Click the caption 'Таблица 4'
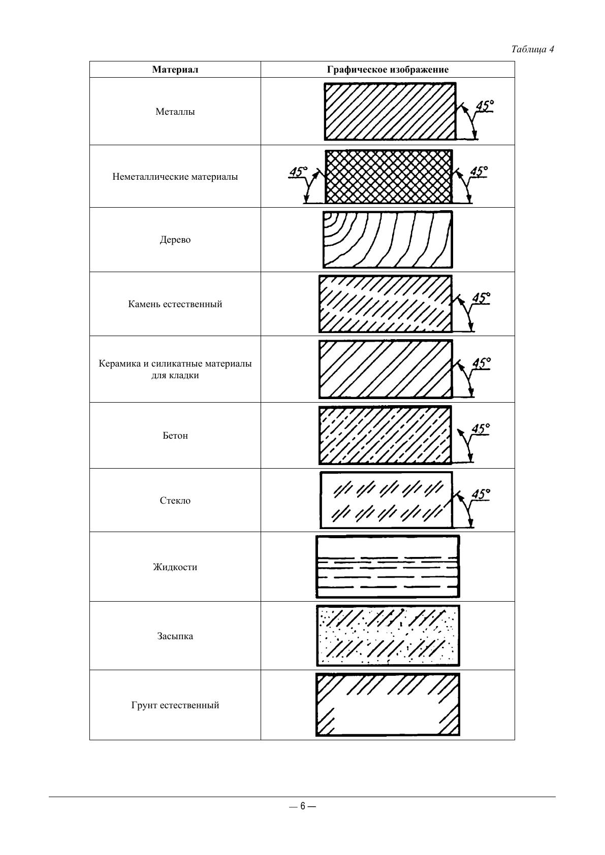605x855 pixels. (532, 49)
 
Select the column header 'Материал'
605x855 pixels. (175, 70)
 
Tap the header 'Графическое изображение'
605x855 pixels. (388, 70)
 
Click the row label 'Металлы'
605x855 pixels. (175, 112)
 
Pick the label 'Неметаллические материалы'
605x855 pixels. (175, 177)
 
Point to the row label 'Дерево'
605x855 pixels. (175, 240)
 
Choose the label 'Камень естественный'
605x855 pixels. (175, 304)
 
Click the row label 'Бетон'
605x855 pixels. (175, 436)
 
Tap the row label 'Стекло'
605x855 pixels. (175, 501)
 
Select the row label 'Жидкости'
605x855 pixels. (175, 567)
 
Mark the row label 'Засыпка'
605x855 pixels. (175, 636)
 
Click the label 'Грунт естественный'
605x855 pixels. (175, 705)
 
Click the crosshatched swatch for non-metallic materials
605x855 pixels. (388, 177)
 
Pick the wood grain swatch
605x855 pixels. (388, 240)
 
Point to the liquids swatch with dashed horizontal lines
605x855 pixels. (388, 567)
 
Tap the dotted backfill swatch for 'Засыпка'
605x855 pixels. (388, 636)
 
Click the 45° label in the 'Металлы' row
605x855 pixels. (484, 106)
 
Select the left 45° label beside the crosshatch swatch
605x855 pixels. (298, 172)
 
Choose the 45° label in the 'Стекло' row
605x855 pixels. (481, 494)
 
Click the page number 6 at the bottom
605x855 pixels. (302, 806)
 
